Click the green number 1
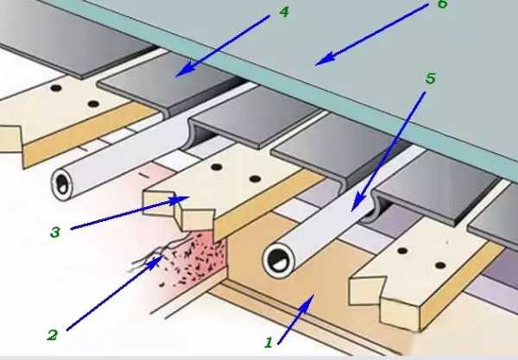[268, 343]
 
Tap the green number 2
[53, 335]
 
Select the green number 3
[55, 232]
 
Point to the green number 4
[284, 13]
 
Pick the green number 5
[431, 79]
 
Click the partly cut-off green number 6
[443, 3]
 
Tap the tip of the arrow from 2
[164, 256]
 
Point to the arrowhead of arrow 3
[189, 197]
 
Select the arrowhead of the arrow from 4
[175, 77]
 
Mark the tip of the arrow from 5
[352, 212]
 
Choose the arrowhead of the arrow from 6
[315, 65]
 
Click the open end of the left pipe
[62, 184]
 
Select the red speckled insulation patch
[195, 261]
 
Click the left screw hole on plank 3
[217, 167]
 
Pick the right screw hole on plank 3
[255, 179]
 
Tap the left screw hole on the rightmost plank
[402, 251]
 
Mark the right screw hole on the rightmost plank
[440, 265]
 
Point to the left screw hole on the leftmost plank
[56, 88]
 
